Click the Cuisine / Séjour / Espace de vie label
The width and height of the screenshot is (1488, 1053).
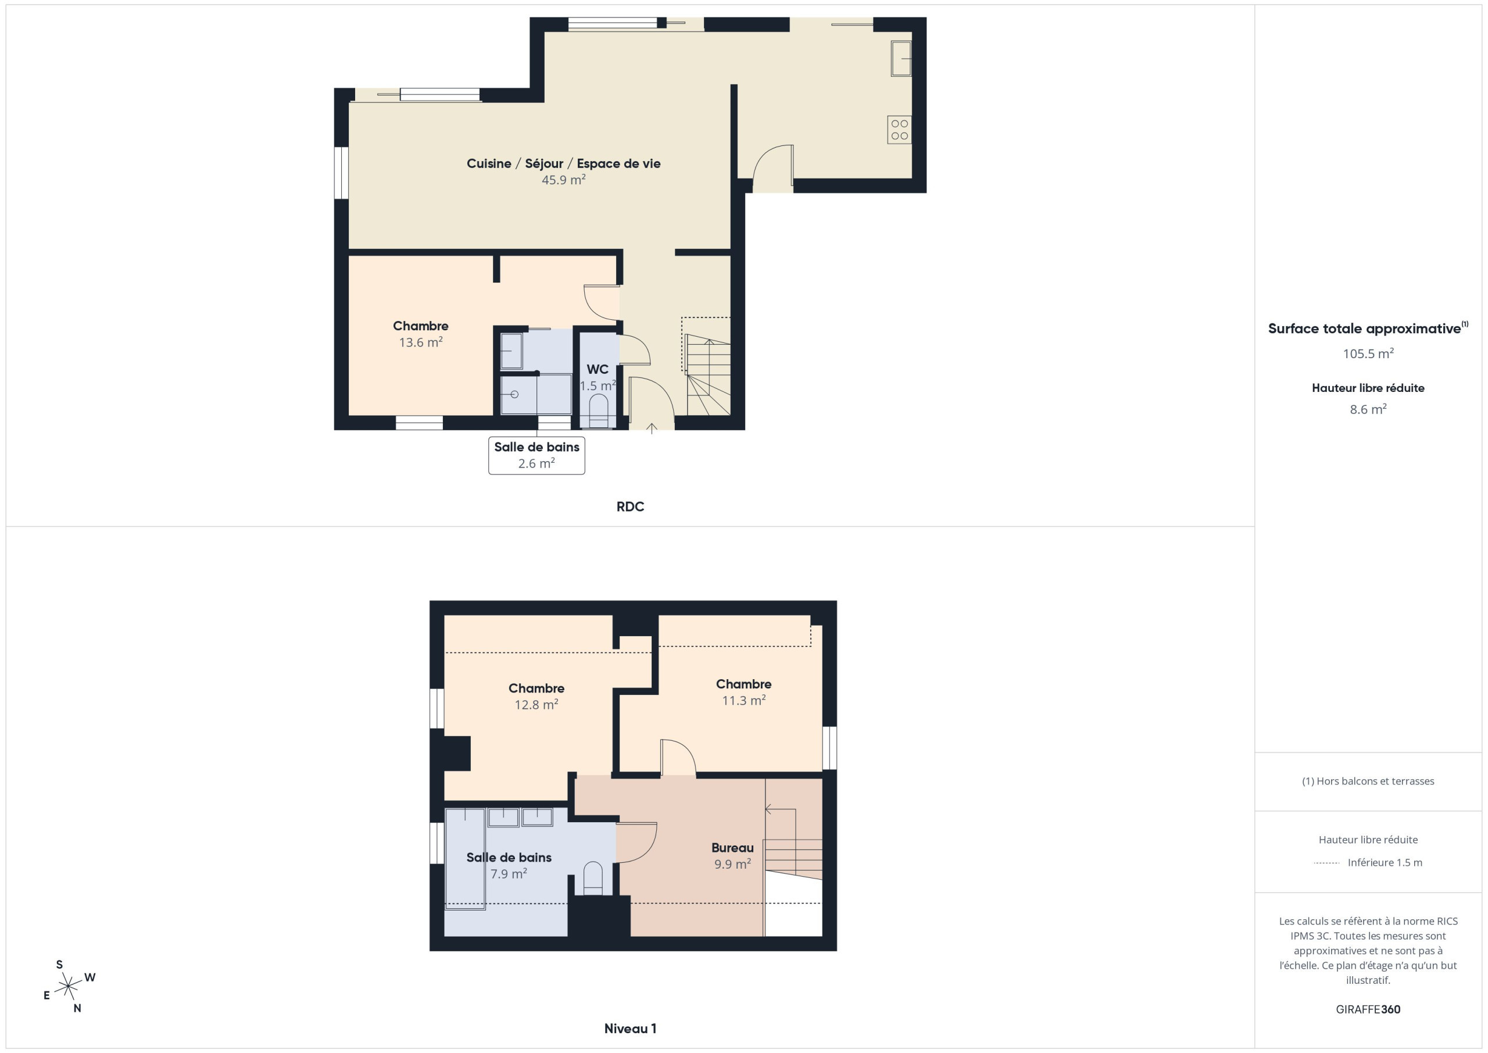click(x=563, y=163)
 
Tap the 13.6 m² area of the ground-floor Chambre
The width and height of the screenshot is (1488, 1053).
click(x=421, y=342)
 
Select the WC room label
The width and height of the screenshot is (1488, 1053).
click(x=598, y=369)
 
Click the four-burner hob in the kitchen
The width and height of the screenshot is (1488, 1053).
click(x=899, y=130)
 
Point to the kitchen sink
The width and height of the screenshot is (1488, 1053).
click(x=901, y=58)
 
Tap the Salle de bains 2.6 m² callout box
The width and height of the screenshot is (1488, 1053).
click(x=536, y=455)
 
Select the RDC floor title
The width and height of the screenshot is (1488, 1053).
click(x=630, y=506)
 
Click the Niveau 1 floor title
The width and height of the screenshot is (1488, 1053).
click(x=630, y=1029)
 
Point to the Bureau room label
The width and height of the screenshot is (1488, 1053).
click(x=732, y=847)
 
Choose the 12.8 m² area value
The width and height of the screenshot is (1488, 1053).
click(x=536, y=704)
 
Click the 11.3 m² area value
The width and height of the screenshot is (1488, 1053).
click(x=743, y=700)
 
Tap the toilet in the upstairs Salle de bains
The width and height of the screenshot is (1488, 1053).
click(x=593, y=878)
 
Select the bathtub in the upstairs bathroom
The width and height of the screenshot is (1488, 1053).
click(x=466, y=858)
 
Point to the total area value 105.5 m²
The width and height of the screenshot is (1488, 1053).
click(x=1368, y=354)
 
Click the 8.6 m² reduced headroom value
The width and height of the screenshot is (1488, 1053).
click(x=1368, y=409)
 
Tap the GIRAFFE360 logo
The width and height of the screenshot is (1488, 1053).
click(x=1368, y=1009)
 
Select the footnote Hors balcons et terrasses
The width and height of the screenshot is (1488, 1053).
click(x=1368, y=781)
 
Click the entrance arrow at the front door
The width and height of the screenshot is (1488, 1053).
click(x=652, y=428)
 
